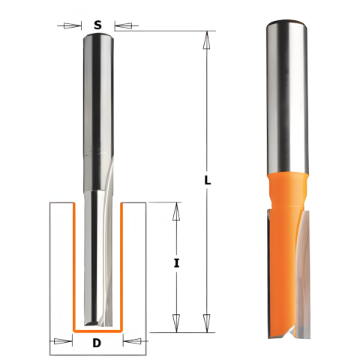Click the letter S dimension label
(x=97, y=25)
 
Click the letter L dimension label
(x=207, y=180)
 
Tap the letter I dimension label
(x=177, y=263)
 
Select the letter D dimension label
(x=97, y=343)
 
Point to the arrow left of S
(x=69, y=25)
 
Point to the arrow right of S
(x=126, y=25)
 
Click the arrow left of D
(x=61, y=341)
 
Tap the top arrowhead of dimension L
(x=206, y=40)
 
